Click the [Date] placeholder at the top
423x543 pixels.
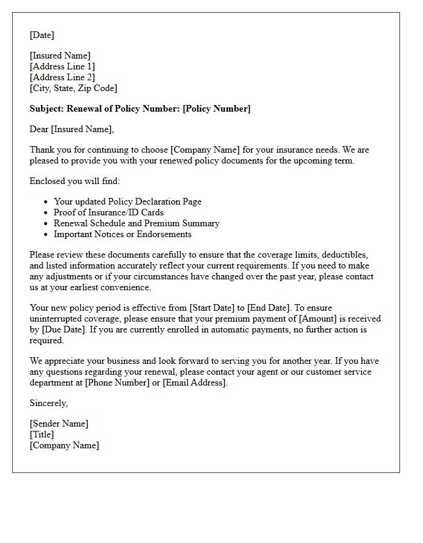42,35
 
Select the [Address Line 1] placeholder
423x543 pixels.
62,66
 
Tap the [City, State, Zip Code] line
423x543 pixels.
73,88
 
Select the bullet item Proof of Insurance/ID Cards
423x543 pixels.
109,212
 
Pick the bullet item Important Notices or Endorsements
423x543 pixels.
123,234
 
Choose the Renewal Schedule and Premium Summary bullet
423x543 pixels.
137,223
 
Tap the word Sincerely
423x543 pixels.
48,403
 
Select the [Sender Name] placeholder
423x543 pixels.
59,424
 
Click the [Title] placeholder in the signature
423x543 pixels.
42,434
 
